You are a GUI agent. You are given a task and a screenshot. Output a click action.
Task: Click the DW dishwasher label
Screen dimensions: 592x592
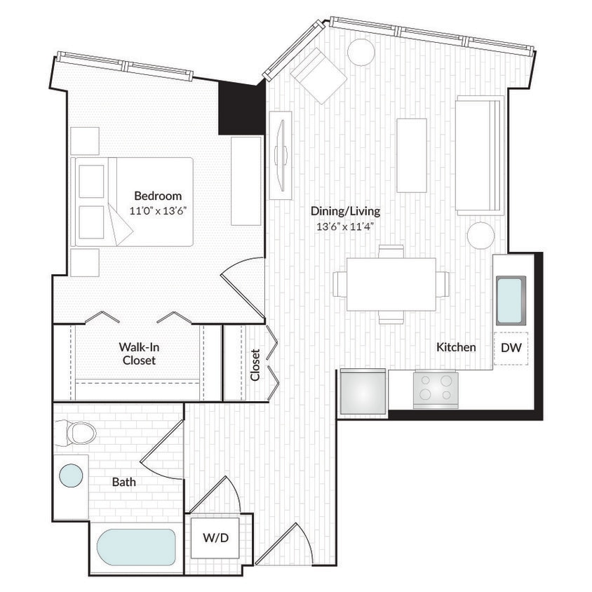[x=511, y=347]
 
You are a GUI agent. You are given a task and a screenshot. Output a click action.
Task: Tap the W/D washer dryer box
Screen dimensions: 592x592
[x=216, y=538]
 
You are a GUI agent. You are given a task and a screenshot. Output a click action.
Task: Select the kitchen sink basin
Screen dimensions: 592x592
[x=510, y=299]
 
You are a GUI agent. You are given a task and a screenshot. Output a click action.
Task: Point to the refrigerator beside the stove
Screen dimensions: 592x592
[x=362, y=393]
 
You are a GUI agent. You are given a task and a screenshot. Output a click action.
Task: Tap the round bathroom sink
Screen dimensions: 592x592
[x=70, y=476]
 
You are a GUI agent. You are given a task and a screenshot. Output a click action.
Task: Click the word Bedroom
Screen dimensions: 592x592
[x=158, y=196]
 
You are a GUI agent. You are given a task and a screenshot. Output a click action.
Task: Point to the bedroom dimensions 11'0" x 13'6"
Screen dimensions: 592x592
[x=158, y=210]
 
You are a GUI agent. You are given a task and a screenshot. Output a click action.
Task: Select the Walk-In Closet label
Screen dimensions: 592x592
[x=137, y=354]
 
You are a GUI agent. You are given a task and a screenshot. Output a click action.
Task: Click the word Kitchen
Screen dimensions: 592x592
[x=456, y=347]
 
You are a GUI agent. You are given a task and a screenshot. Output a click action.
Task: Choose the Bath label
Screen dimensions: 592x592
[x=124, y=483]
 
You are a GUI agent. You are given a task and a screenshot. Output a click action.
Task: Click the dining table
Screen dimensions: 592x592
[x=391, y=284]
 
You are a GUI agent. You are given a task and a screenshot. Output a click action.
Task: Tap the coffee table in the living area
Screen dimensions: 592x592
[x=411, y=155]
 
